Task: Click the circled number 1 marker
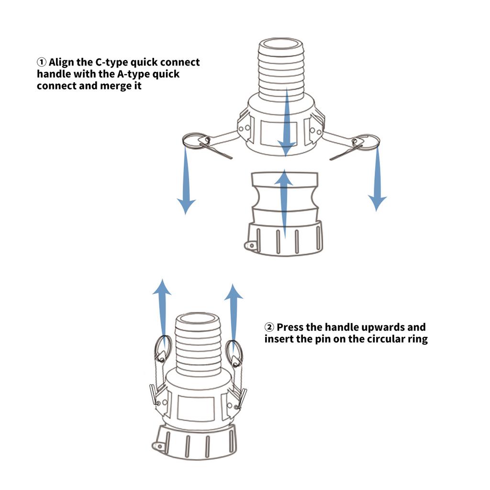[x=42, y=62]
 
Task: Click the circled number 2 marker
[x=269, y=327]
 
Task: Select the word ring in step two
[x=417, y=339]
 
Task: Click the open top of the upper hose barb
[x=281, y=44]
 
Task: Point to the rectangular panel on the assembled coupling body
[x=196, y=409]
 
